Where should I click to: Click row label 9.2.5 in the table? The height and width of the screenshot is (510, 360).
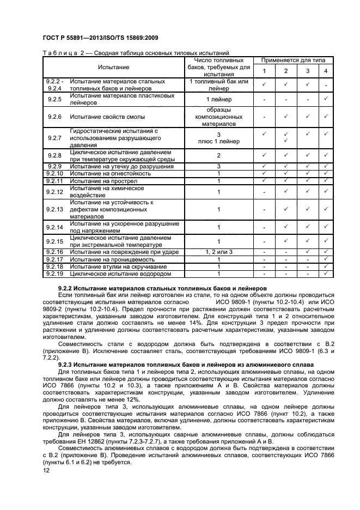[x=54, y=99]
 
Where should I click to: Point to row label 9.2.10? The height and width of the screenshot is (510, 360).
[x=54, y=173]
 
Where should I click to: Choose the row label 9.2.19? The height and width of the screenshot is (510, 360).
[x=54, y=274]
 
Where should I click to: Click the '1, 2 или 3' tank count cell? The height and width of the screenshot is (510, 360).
[x=218, y=252]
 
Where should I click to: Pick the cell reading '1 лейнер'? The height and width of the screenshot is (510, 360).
[x=218, y=99]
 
